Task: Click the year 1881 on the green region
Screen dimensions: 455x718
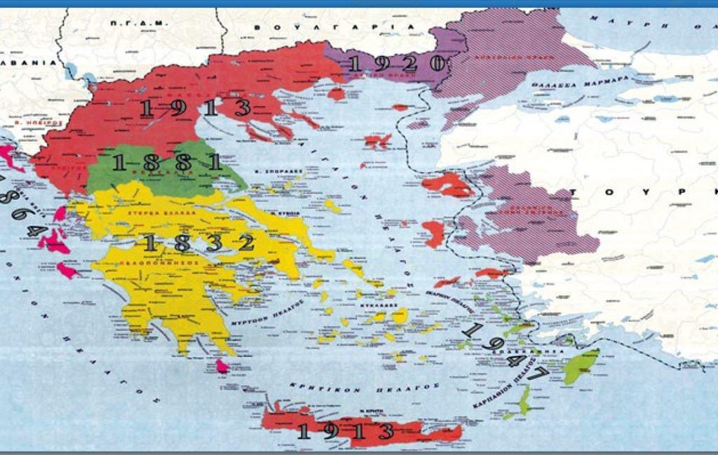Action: (x=166, y=163)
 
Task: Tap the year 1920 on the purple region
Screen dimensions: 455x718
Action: (x=397, y=64)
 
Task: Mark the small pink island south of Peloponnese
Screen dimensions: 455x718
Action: (x=222, y=366)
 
